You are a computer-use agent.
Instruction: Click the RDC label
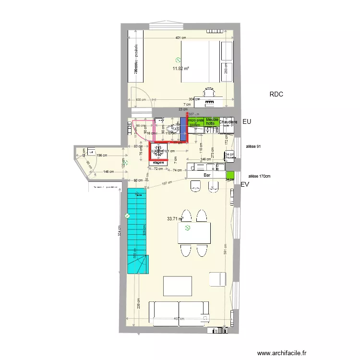point(276,95)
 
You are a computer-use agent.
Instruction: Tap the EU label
point(247,122)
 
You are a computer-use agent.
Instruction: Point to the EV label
point(245,184)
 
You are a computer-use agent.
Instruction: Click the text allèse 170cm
point(259,176)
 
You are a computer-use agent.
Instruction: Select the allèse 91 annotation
point(253,146)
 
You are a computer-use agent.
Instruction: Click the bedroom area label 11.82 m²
point(180,68)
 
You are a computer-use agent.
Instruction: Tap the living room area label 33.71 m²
point(175,219)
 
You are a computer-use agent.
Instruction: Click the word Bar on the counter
point(207,176)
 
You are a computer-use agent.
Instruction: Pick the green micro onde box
point(196,122)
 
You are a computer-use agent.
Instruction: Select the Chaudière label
point(228,122)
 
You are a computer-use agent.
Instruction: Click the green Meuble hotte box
point(212,122)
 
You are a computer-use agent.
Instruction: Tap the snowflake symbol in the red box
point(159,151)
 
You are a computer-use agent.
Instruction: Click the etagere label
point(158,163)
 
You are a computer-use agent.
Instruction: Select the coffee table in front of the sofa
point(177,286)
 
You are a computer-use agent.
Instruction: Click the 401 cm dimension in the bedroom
point(180,38)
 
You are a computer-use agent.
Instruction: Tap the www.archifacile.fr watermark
point(282,352)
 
